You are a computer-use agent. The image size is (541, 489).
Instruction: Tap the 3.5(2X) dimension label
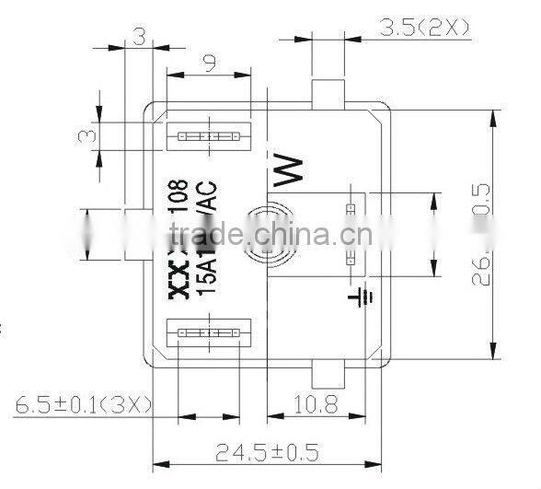click(424, 29)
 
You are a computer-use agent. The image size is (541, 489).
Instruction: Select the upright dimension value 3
click(141, 38)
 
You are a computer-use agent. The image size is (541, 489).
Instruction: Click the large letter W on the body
click(288, 170)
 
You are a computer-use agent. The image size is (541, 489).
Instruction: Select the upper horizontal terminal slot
click(207, 137)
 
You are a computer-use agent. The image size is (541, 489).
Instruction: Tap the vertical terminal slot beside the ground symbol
click(351, 234)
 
